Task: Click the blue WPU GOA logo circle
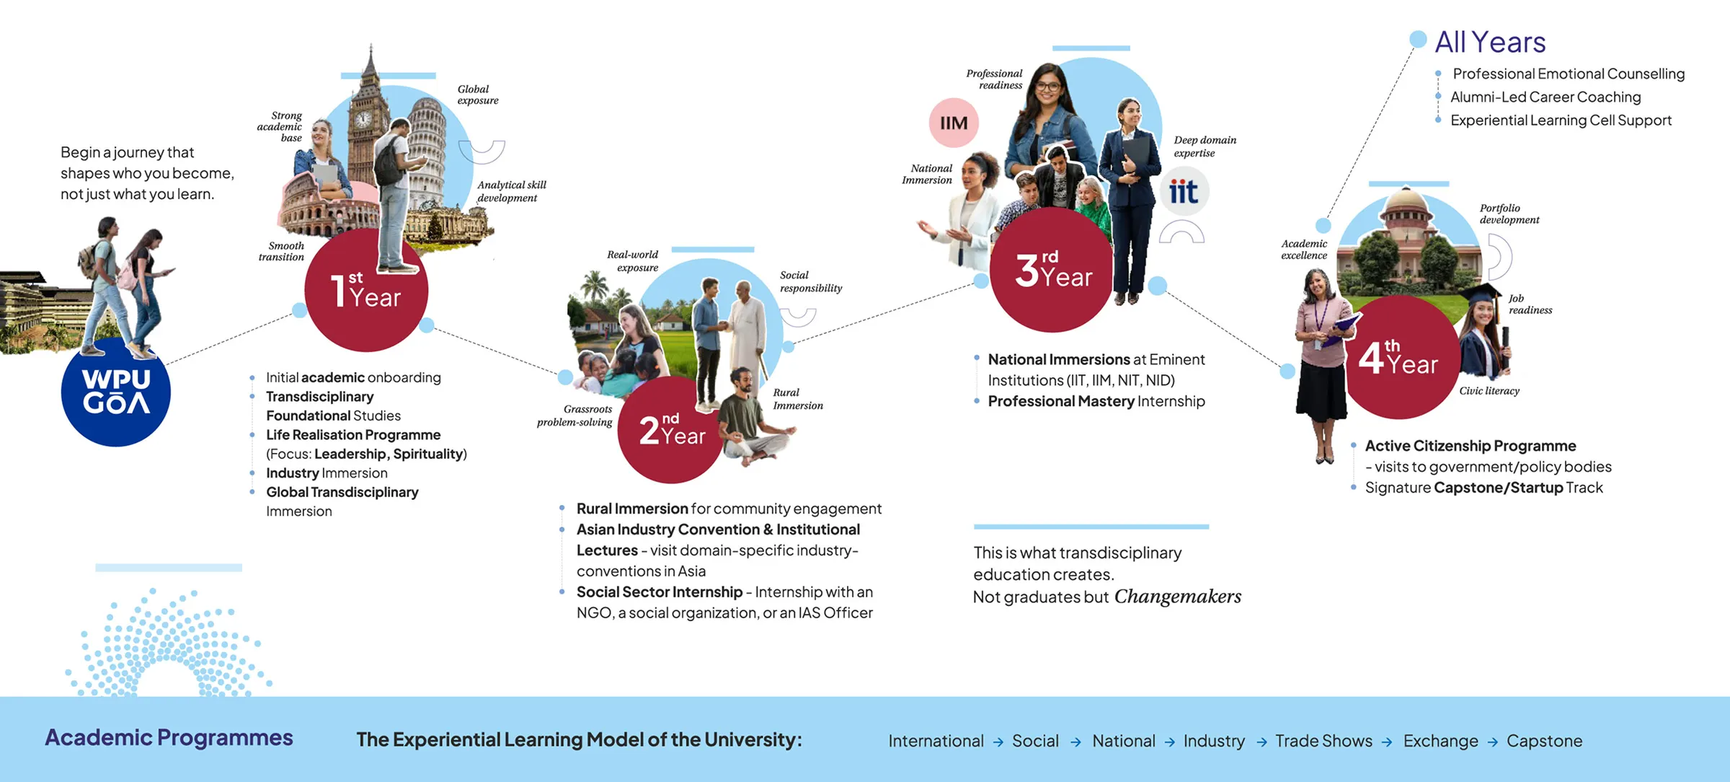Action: (x=115, y=393)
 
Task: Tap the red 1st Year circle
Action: (x=366, y=292)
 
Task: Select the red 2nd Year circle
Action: (x=670, y=431)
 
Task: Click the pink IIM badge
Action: (x=954, y=123)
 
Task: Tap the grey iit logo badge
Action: (x=1183, y=192)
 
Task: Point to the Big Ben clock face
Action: (x=363, y=119)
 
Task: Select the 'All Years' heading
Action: (x=1490, y=42)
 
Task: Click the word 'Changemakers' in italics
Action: (x=1178, y=597)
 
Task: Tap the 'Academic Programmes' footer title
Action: (x=169, y=737)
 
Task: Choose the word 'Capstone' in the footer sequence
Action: (x=1544, y=741)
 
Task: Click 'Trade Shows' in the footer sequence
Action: (x=1323, y=741)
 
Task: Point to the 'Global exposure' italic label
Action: (x=478, y=95)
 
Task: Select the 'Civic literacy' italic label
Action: (x=1489, y=391)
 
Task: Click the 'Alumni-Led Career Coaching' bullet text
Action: (x=1545, y=97)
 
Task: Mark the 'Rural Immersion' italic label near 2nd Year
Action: (x=798, y=399)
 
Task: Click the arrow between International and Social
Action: (x=998, y=742)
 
